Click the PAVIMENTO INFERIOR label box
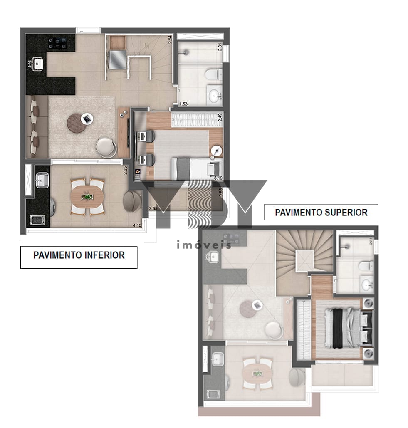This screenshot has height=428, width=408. click(x=79, y=255)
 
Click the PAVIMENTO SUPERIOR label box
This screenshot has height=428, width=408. click(x=321, y=212)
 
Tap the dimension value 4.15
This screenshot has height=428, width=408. click(x=137, y=225)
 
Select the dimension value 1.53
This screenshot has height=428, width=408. click(x=183, y=104)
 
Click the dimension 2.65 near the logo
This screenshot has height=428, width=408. click(x=153, y=208)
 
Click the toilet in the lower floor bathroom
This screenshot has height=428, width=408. click(x=213, y=74)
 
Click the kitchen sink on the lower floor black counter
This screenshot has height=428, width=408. click(x=38, y=64)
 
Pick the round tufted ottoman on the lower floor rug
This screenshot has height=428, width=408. click(x=76, y=123)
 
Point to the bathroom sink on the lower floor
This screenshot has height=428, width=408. click(x=215, y=96)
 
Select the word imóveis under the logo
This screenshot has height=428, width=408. click(x=204, y=245)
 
